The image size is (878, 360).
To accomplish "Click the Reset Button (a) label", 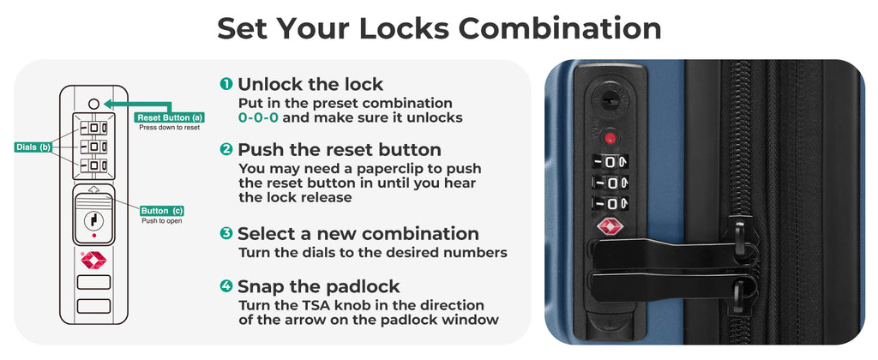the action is tap(169, 117).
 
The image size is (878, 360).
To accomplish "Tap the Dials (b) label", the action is tap(33, 147).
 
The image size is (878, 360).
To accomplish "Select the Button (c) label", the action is tap(162, 211).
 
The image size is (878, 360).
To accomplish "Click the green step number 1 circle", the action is tap(226, 84).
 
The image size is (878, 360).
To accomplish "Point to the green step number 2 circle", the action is tap(226, 149).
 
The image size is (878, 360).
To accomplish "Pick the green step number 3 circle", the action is tap(226, 233).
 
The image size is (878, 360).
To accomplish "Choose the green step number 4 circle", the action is tap(226, 286).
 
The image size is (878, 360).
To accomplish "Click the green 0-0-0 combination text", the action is tap(258, 118).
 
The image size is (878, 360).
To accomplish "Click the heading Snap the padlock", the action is tap(319, 286).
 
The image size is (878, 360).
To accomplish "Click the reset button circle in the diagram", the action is tap(93, 104).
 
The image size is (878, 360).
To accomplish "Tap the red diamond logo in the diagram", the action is tap(93, 261).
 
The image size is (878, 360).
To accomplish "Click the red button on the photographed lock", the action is tap(610, 137).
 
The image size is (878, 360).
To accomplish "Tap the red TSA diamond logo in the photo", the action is tap(609, 227).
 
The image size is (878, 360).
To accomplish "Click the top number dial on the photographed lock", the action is tap(610, 163).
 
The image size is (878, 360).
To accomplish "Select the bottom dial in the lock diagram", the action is tap(93, 166).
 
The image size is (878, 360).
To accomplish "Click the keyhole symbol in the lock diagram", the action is tap(93, 220).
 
